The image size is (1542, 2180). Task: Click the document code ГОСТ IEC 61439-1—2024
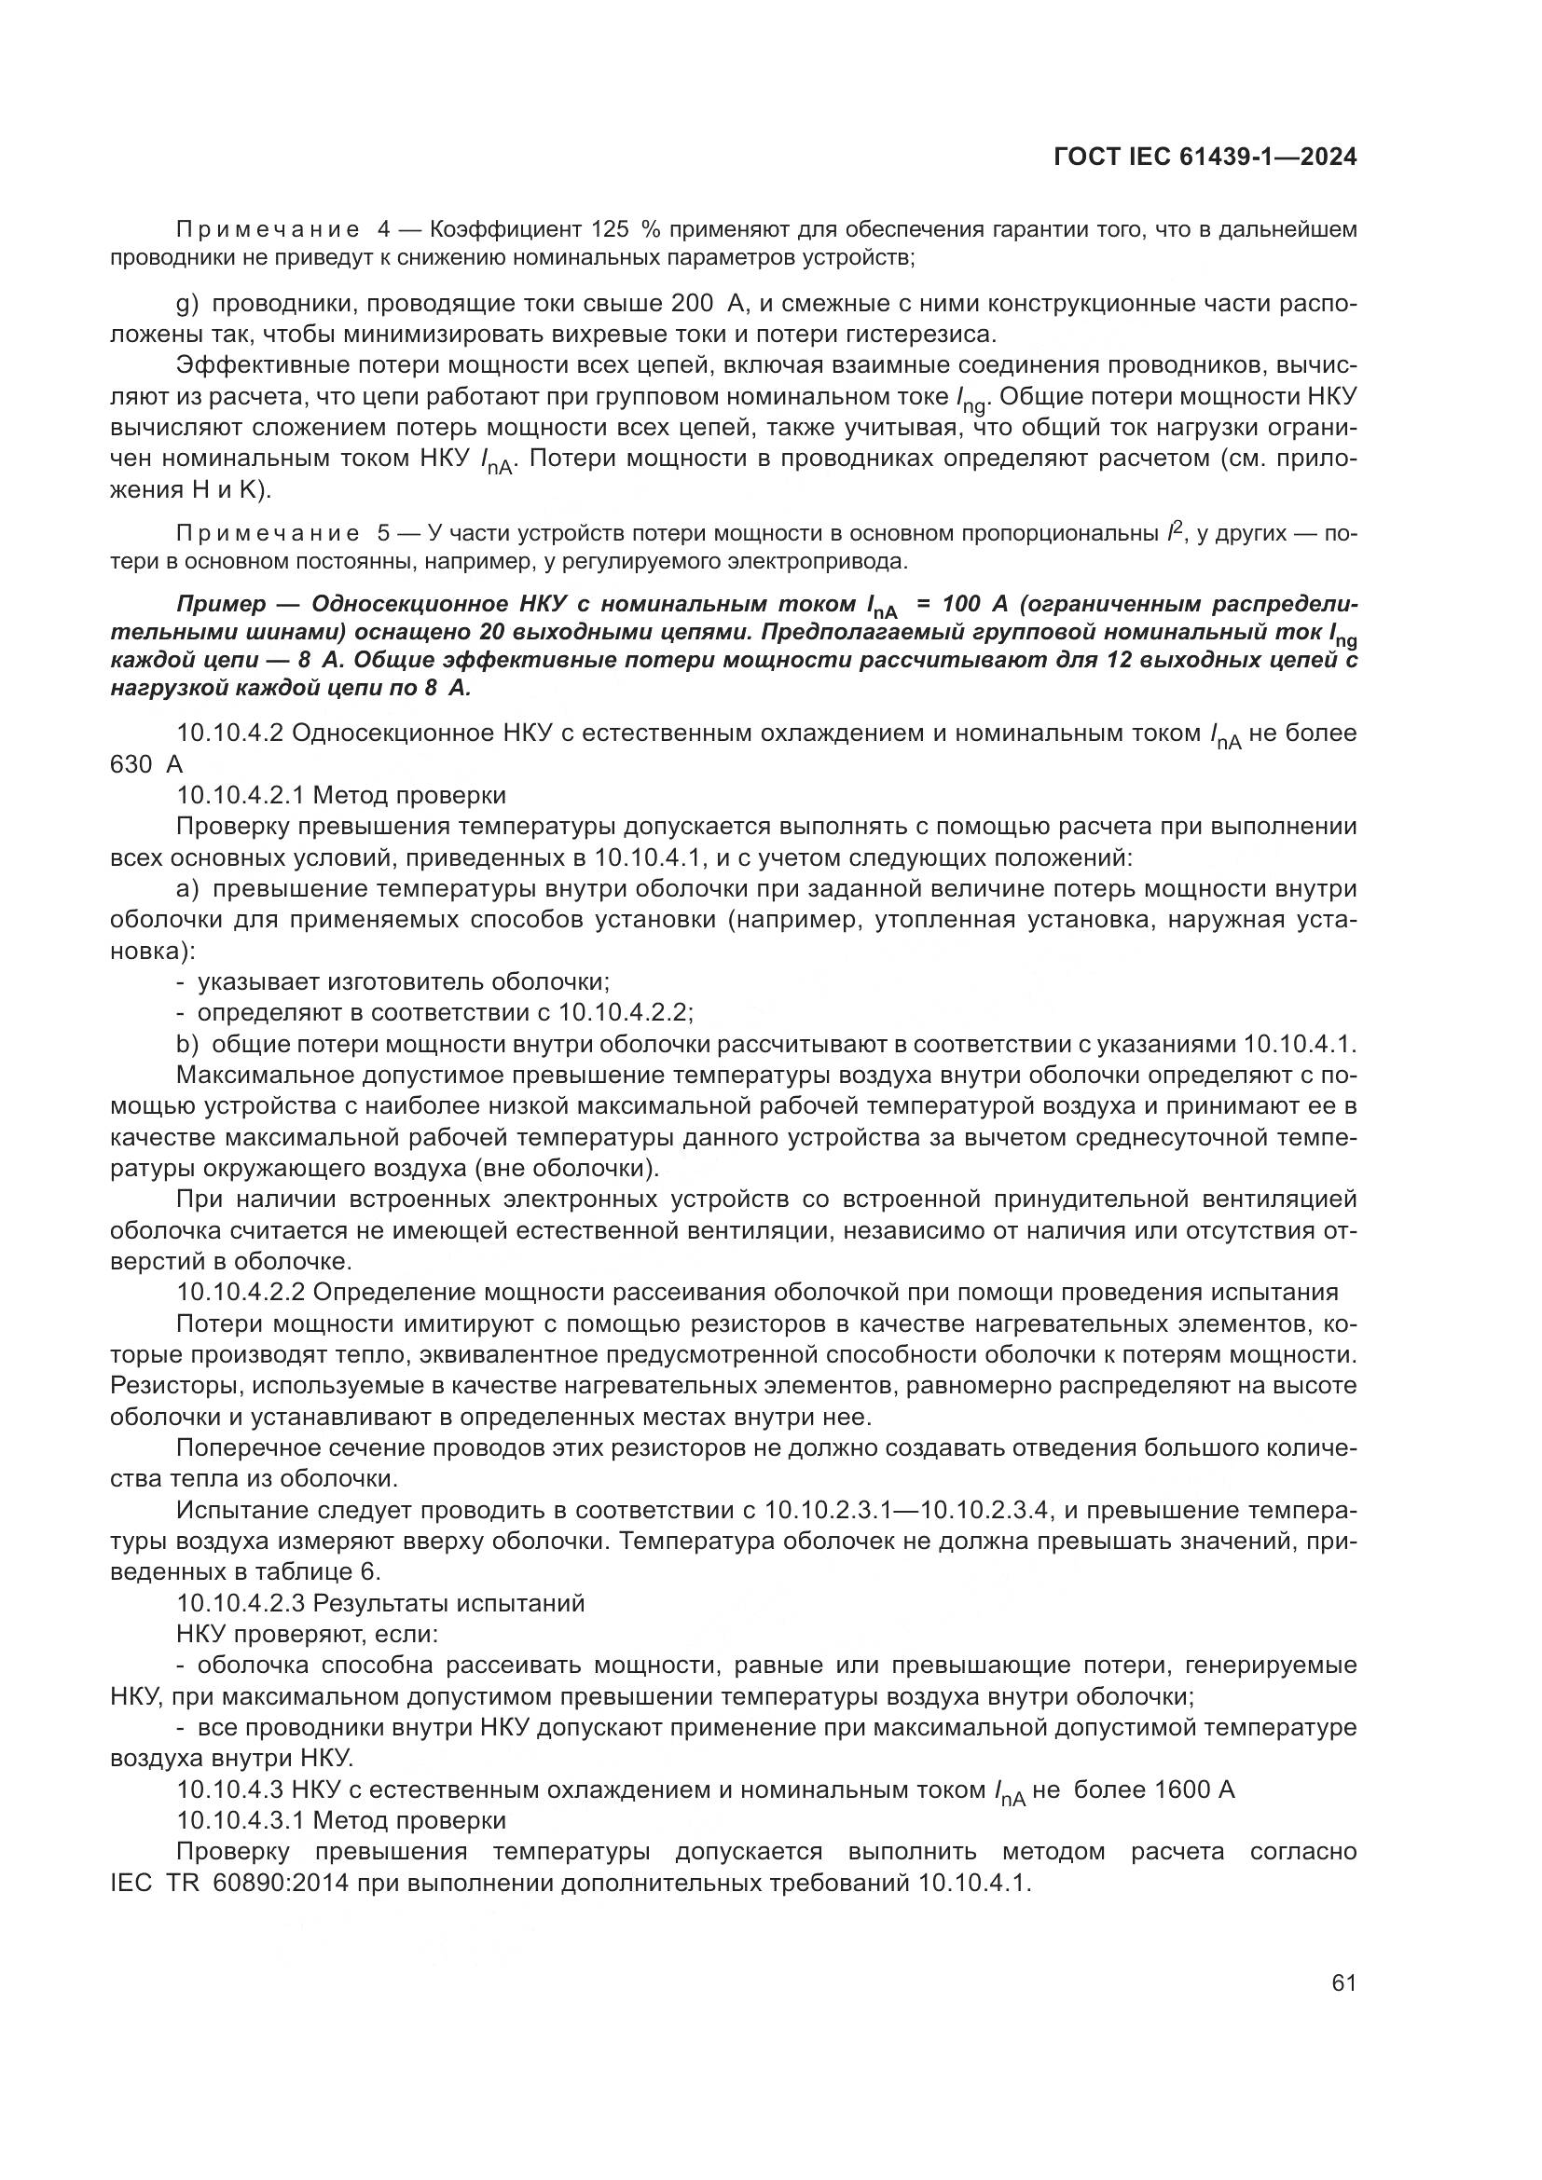pyautogui.click(x=1204, y=158)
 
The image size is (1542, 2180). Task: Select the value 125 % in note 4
pyautogui.click(x=625, y=230)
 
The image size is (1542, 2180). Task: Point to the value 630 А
pyautogui.click(x=146, y=764)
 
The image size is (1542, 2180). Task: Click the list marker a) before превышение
pyautogui.click(x=188, y=889)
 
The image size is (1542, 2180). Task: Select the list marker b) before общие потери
pyautogui.click(x=188, y=1045)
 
